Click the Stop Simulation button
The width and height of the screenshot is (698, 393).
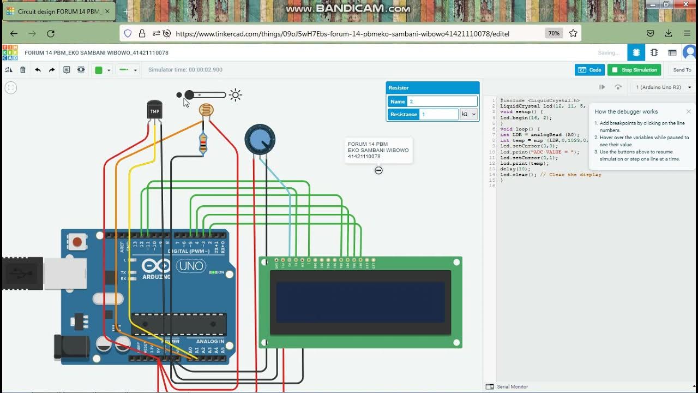[x=634, y=70]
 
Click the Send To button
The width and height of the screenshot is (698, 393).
[x=682, y=70]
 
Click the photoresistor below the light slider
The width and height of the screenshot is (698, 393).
[x=206, y=111]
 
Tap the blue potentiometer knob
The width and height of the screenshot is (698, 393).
[x=260, y=139]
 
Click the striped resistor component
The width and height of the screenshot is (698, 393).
[x=203, y=144]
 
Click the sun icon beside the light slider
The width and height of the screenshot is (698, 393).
[x=236, y=95]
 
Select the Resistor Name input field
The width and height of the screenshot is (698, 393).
[x=442, y=102]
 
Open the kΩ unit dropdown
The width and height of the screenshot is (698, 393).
[x=468, y=114]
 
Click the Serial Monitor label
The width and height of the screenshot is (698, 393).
[x=512, y=386]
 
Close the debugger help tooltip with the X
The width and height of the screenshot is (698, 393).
[x=688, y=111]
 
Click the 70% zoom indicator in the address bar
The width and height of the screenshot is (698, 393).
[x=553, y=33]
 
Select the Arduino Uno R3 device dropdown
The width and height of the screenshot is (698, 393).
[x=663, y=87]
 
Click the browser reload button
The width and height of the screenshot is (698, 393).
[x=51, y=33]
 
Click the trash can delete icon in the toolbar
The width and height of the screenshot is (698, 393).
[x=23, y=70]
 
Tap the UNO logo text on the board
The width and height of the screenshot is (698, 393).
[x=191, y=266]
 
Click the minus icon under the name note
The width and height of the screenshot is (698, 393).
[x=378, y=170]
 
